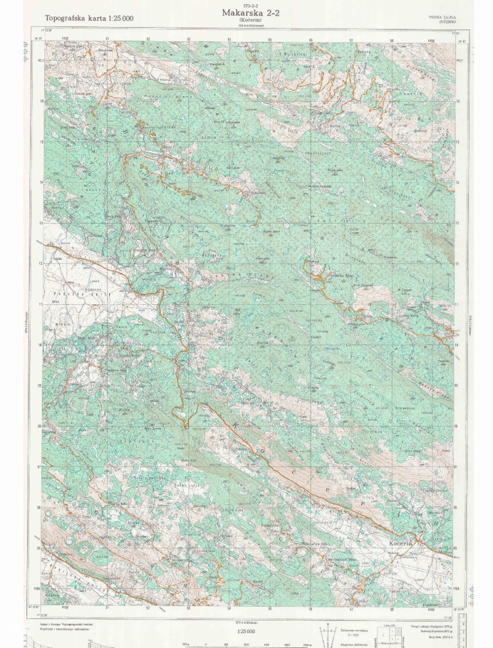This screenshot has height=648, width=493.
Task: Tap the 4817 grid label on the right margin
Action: [x=458, y=60]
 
